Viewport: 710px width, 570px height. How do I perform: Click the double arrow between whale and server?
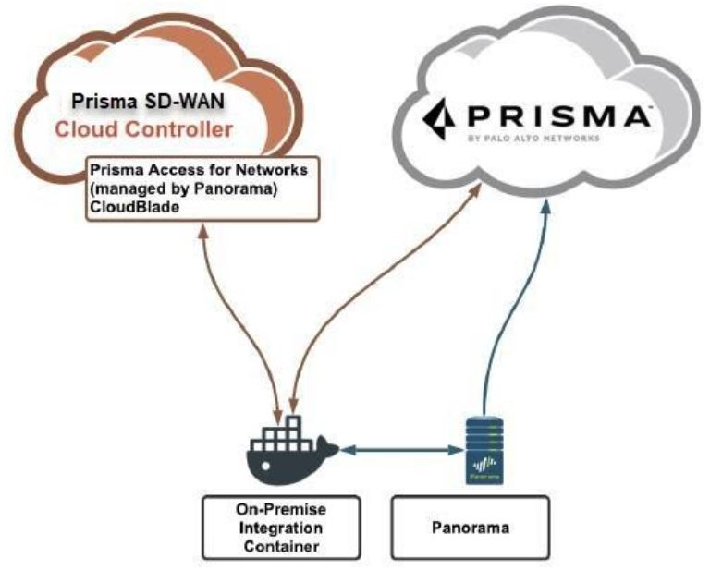coord(401,450)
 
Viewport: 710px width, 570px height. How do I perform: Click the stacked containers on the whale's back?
coord(287,431)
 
